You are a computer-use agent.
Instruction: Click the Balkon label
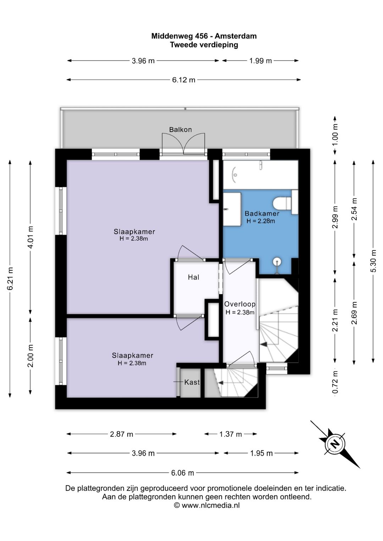181,130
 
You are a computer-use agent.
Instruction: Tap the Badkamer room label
262,214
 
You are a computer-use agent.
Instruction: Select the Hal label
193,277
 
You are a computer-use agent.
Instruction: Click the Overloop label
240,304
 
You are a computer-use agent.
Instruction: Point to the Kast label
192,382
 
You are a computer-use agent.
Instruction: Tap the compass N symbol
335,444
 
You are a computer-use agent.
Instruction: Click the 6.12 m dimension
184,80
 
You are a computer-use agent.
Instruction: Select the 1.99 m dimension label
260,61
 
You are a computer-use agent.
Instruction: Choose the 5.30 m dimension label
373,261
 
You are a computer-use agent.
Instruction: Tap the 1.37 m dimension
231,434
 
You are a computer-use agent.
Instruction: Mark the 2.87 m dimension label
121,434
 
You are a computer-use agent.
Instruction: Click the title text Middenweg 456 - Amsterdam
204,36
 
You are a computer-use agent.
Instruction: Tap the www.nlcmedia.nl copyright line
207,505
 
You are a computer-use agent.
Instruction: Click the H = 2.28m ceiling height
261,221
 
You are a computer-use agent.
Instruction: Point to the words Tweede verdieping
204,45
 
